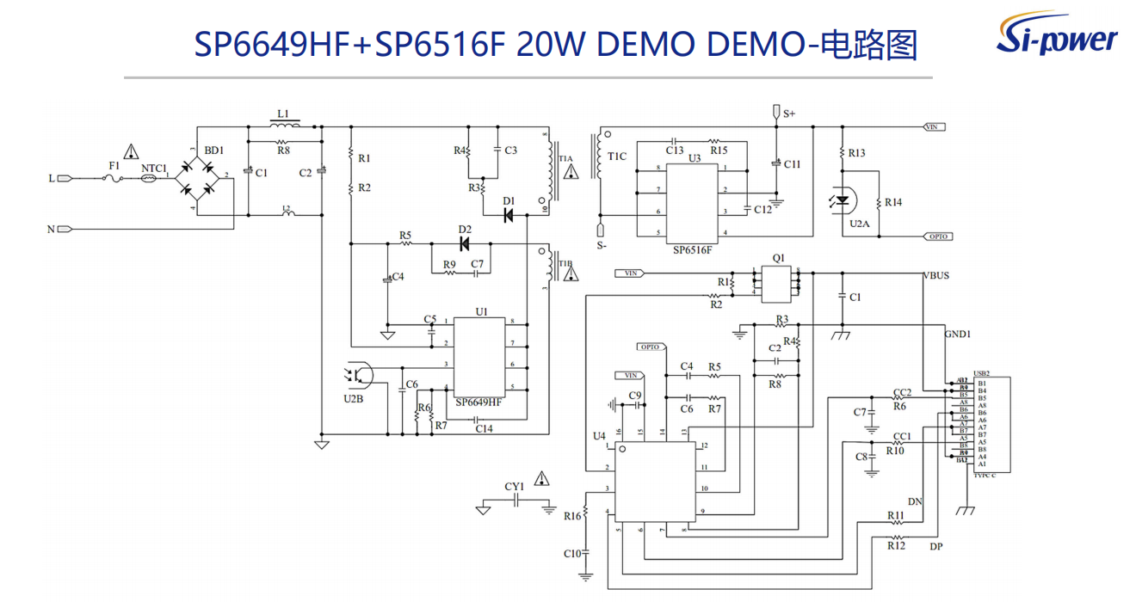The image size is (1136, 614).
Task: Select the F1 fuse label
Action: click(x=114, y=165)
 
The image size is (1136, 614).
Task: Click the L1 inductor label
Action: click(x=283, y=114)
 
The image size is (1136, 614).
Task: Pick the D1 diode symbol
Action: click(x=509, y=214)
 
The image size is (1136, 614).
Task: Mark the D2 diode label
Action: click(x=465, y=230)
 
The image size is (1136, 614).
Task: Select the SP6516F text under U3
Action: click(x=693, y=249)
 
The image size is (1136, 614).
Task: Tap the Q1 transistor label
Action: click(x=779, y=257)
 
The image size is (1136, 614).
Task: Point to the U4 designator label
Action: click(x=599, y=436)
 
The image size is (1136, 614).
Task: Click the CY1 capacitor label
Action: click(x=515, y=487)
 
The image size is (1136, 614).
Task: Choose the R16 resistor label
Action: click(x=572, y=516)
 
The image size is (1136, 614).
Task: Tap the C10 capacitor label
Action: click(x=572, y=553)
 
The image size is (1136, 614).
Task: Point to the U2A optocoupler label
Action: click(x=859, y=223)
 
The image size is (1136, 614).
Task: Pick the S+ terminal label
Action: click(x=789, y=114)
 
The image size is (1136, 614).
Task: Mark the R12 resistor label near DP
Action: click(x=896, y=545)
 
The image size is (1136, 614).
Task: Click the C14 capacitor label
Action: click(x=485, y=428)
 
